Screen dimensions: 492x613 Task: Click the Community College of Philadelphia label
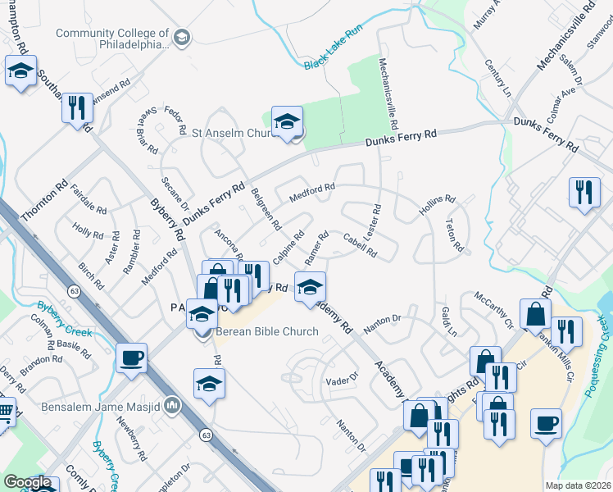[x=111, y=39]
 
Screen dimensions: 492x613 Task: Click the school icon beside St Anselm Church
[x=287, y=122]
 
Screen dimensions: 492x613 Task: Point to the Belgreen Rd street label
[x=266, y=208]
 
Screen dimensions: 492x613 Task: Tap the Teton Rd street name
[x=455, y=235]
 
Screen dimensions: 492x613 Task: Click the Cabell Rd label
[x=360, y=245]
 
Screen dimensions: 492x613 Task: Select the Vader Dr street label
[x=343, y=380]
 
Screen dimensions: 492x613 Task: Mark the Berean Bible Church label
[x=266, y=332]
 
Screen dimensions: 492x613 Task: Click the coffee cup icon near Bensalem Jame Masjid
[x=131, y=358]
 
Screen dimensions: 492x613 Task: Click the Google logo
[x=27, y=483]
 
